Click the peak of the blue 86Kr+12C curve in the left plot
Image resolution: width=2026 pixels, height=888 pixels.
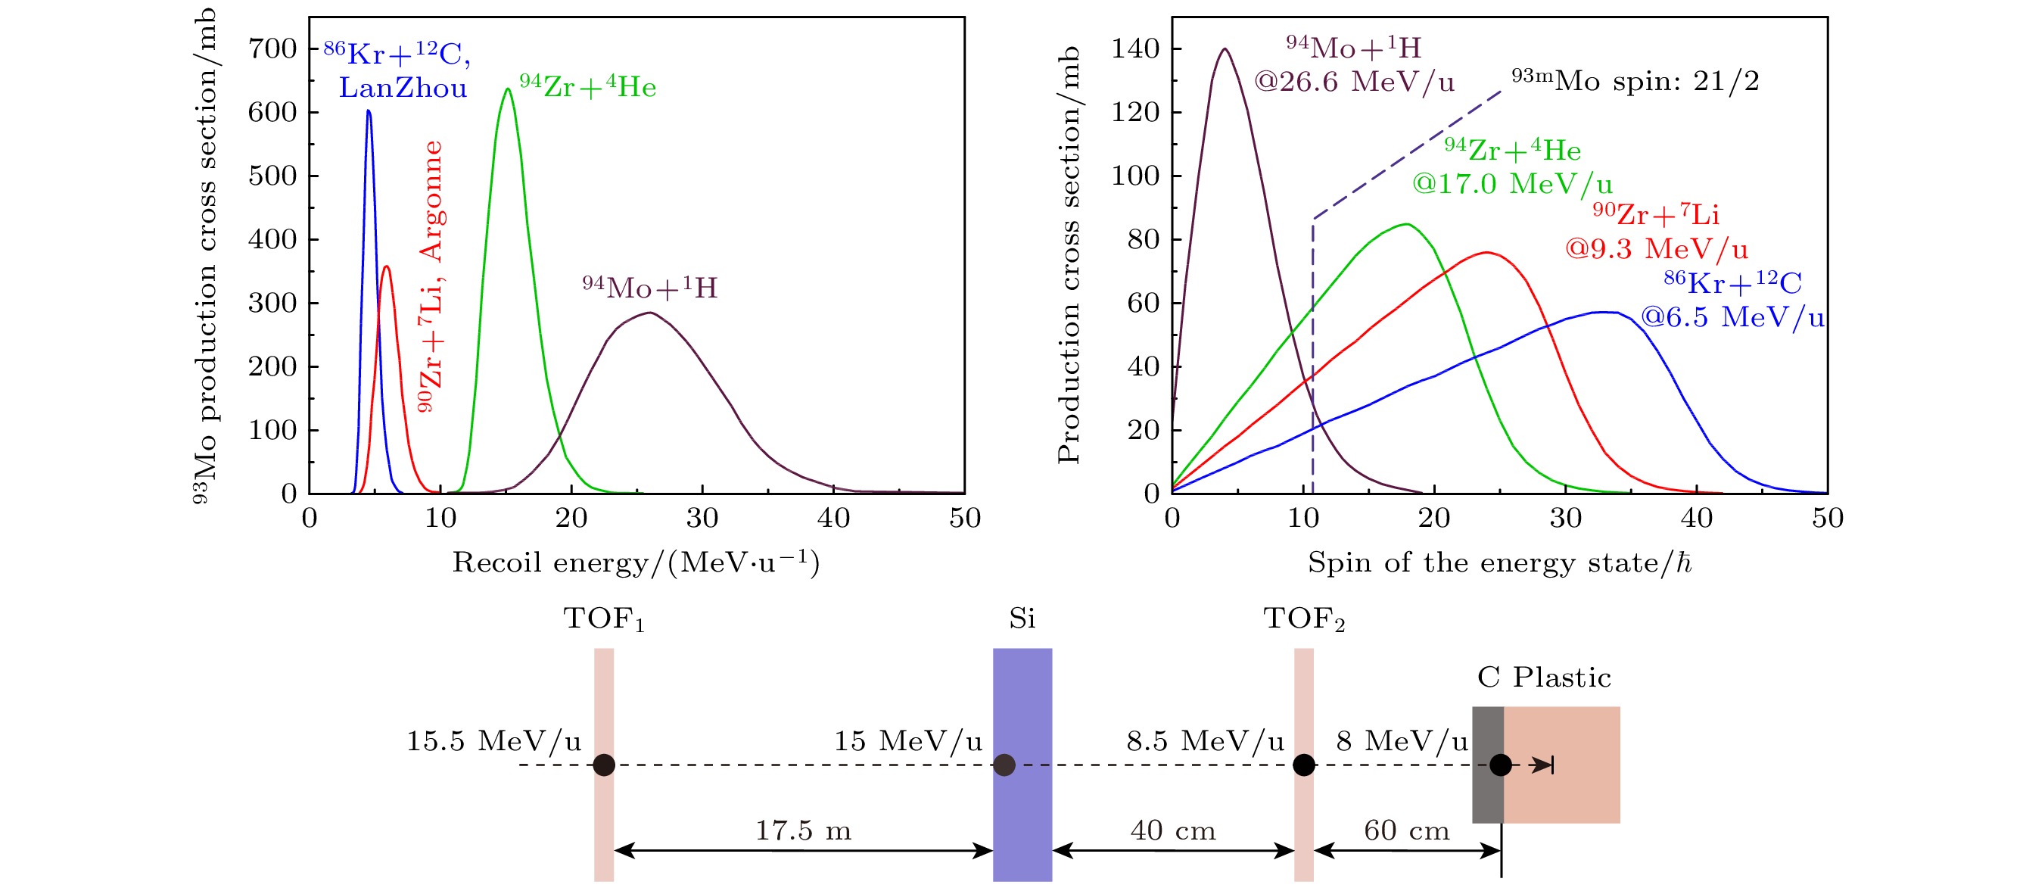tap(368, 112)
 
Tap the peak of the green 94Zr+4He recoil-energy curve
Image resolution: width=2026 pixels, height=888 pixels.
tap(507, 89)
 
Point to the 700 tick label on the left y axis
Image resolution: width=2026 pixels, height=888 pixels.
tap(272, 48)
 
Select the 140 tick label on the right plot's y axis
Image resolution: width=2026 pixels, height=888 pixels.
tap(1135, 48)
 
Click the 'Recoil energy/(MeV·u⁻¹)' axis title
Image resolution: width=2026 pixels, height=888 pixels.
tap(636, 563)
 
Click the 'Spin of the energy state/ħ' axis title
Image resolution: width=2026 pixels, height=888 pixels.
tap(1499, 563)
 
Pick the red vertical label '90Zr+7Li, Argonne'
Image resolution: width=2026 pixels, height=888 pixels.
tap(431, 276)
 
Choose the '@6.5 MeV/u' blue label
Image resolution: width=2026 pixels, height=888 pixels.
tap(1732, 318)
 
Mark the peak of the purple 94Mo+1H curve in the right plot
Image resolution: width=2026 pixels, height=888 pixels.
tap(1225, 49)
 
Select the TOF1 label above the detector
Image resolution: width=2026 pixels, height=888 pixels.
tap(603, 620)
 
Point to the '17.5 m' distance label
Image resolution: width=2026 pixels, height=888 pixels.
tap(803, 830)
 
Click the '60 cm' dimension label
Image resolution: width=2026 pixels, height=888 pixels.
tap(1406, 830)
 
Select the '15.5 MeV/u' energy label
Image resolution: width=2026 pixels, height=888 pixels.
tap(493, 741)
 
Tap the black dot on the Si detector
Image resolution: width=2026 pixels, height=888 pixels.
tap(1004, 765)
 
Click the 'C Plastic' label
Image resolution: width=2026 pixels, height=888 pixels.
tap(1544, 678)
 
